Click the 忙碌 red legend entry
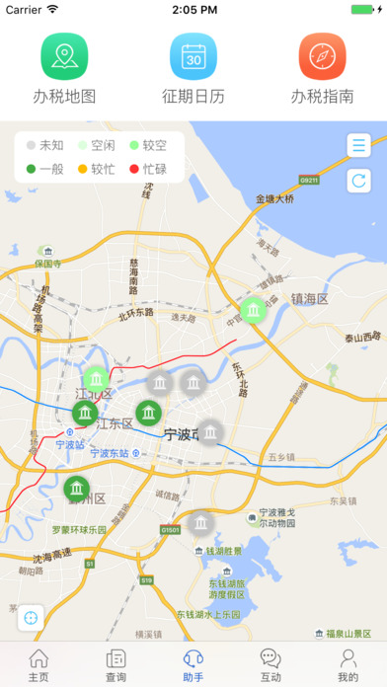[148, 169]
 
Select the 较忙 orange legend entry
[96, 169]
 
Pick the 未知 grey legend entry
[44, 144]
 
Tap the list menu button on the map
[358, 146]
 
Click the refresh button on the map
[358, 181]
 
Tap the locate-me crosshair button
[31, 618]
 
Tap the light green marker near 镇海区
[254, 312]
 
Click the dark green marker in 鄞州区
[76, 488]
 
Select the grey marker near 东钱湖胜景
[200, 523]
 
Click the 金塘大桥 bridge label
[274, 198]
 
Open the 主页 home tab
[39, 665]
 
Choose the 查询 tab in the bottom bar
[116, 665]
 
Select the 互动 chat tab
[271, 665]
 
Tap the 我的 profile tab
[348, 665]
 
